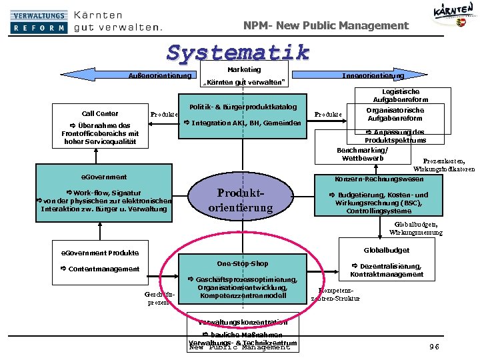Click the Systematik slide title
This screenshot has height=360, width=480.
pyautogui.click(x=238, y=51)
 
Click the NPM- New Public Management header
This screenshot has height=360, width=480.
pyautogui.click(x=326, y=25)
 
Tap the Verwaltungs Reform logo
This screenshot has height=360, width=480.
pyautogui.click(x=39, y=21)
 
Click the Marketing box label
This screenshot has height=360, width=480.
pyautogui.click(x=244, y=69)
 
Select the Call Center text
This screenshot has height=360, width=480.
pyautogui.click(x=100, y=113)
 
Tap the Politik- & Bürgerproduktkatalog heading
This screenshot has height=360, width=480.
pyautogui.click(x=243, y=107)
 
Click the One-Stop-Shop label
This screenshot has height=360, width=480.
pyautogui.click(x=243, y=263)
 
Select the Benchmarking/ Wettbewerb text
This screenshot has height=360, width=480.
pyautogui.click(x=362, y=154)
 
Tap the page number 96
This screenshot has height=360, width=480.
pyautogui.click(x=435, y=346)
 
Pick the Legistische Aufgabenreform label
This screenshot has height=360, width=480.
pyautogui.click(x=401, y=95)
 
